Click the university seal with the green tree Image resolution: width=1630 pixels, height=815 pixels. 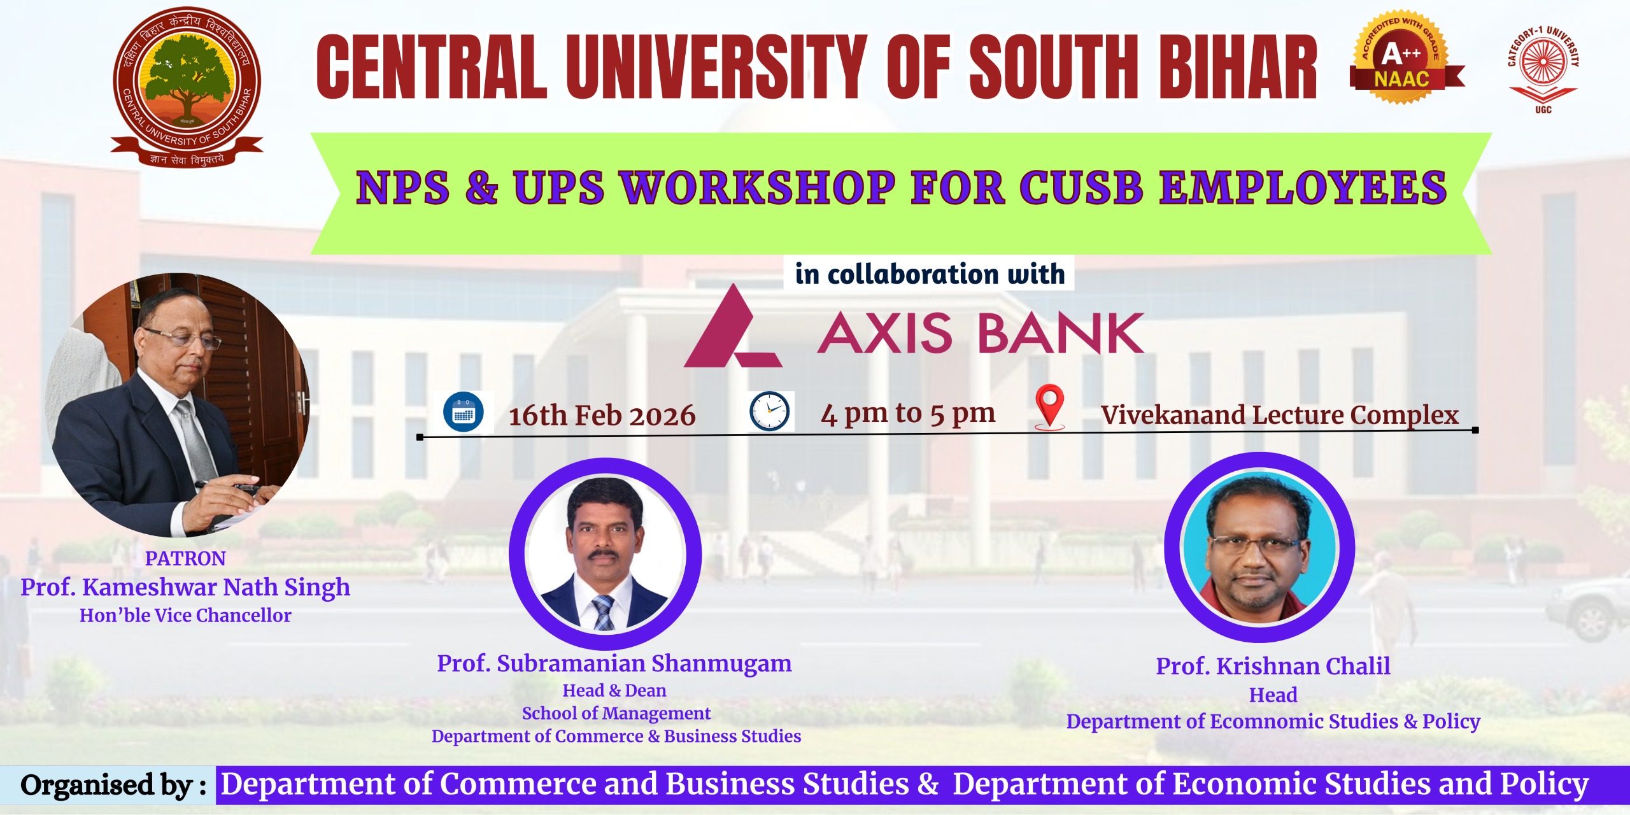187,86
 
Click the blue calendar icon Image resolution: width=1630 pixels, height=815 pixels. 464,413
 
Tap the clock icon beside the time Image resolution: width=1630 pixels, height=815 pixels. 769,411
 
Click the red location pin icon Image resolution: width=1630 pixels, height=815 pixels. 1049,406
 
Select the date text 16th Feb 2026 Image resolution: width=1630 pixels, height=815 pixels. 602,416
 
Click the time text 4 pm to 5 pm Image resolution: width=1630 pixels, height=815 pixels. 908,414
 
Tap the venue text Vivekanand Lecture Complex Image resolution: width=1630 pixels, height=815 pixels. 1280,415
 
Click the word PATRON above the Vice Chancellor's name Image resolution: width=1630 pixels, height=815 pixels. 185,558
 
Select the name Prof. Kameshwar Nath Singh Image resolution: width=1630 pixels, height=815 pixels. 185,587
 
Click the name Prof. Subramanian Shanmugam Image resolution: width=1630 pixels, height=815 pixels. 614,663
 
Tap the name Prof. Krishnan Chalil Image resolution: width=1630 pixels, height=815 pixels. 1273,666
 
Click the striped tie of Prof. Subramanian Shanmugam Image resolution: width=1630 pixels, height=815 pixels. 603,613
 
